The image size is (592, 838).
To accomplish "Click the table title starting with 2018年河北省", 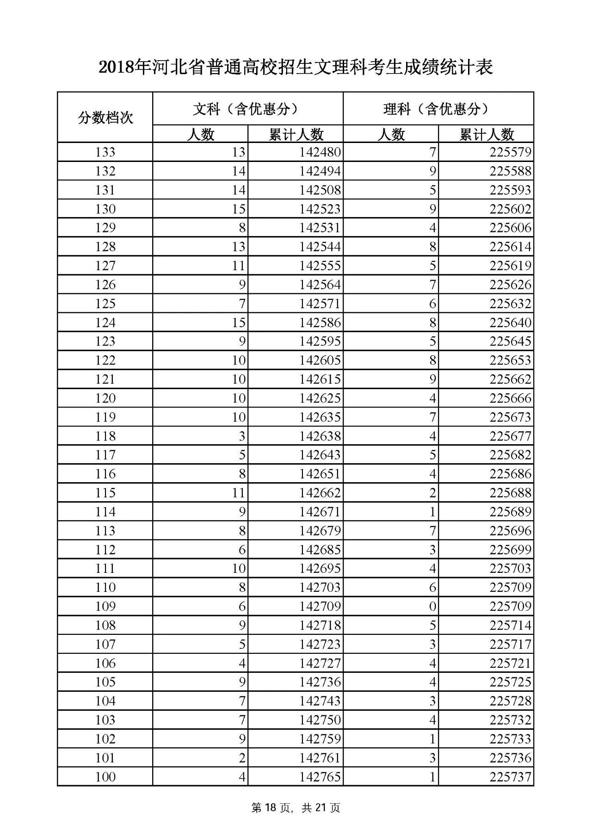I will tap(296, 68).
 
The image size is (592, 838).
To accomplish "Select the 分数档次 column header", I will tap(105, 118).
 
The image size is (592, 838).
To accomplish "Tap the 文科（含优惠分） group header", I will tap(248, 109).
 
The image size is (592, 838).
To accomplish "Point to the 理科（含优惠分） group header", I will tap(438, 109).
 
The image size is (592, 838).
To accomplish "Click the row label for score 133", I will tap(105, 152).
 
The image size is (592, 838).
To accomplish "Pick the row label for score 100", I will tap(105, 777).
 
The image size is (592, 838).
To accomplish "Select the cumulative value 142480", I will tap(320, 152).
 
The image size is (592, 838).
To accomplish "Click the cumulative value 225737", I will tap(510, 777).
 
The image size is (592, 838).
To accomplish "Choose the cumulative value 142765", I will tap(320, 777).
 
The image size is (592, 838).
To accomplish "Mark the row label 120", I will tap(105, 398).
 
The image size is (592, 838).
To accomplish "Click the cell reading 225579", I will tap(510, 152).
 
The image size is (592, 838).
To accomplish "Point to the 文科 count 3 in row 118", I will tap(242, 436).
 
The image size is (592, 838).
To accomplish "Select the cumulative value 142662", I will tap(320, 493).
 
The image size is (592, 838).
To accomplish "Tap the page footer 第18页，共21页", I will tap(296, 808).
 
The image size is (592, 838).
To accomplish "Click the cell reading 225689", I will tap(510, 512).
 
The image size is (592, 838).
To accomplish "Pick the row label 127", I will tap(105, 266).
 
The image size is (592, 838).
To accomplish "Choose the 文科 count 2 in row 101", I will tap(242, 758).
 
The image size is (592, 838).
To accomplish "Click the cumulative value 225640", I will tap(510, 323).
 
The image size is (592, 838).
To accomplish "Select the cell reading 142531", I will tap(320, 228).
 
